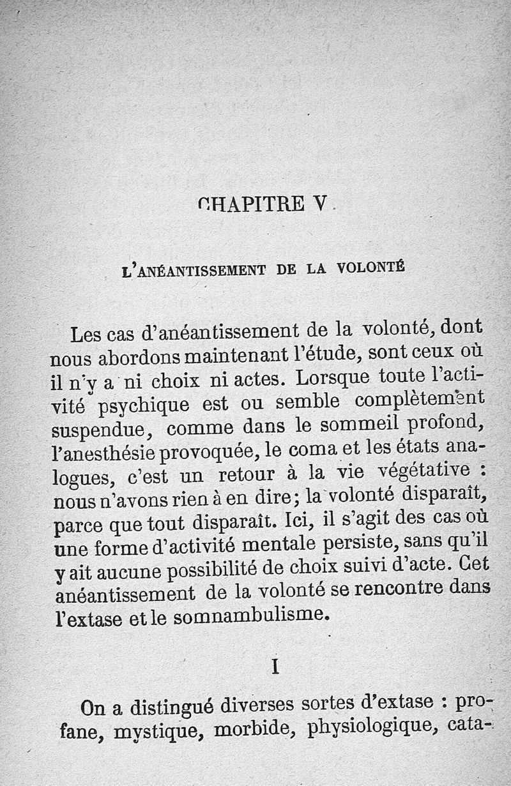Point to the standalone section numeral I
point(275,667)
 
